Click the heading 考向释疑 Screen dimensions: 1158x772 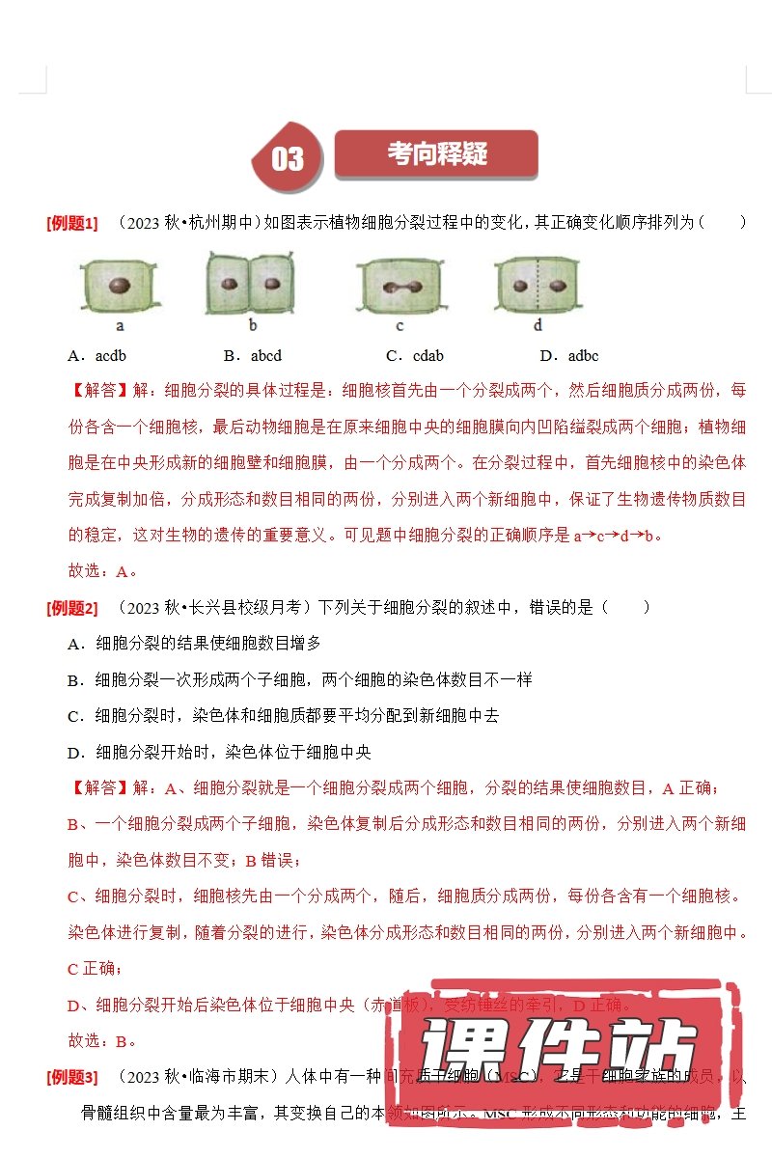[x=436, y=154]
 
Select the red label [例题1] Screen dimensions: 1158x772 [x=71, y=224]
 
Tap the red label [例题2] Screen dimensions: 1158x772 [x=71, y=609]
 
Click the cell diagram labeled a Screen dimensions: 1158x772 [x=120, y=286]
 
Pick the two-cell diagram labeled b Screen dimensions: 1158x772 [x=251, y=283]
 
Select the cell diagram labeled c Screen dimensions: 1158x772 [x=400, y=287]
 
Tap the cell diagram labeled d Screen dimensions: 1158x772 [x=538, y=286]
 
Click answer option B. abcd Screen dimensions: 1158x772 [x=252, y=356]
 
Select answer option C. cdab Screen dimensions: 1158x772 [x=414, y=356]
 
